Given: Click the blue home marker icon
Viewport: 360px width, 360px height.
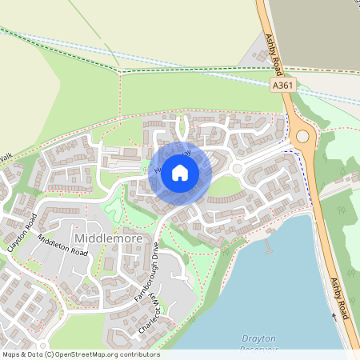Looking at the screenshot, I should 180,173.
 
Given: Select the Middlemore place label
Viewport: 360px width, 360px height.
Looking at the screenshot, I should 103,238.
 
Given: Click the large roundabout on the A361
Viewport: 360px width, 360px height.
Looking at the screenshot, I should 302,137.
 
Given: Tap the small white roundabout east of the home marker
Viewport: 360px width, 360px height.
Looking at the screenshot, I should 237,169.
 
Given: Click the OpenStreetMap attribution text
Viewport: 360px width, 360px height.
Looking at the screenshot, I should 80,354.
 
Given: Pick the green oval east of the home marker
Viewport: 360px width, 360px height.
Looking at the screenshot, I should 226,186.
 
